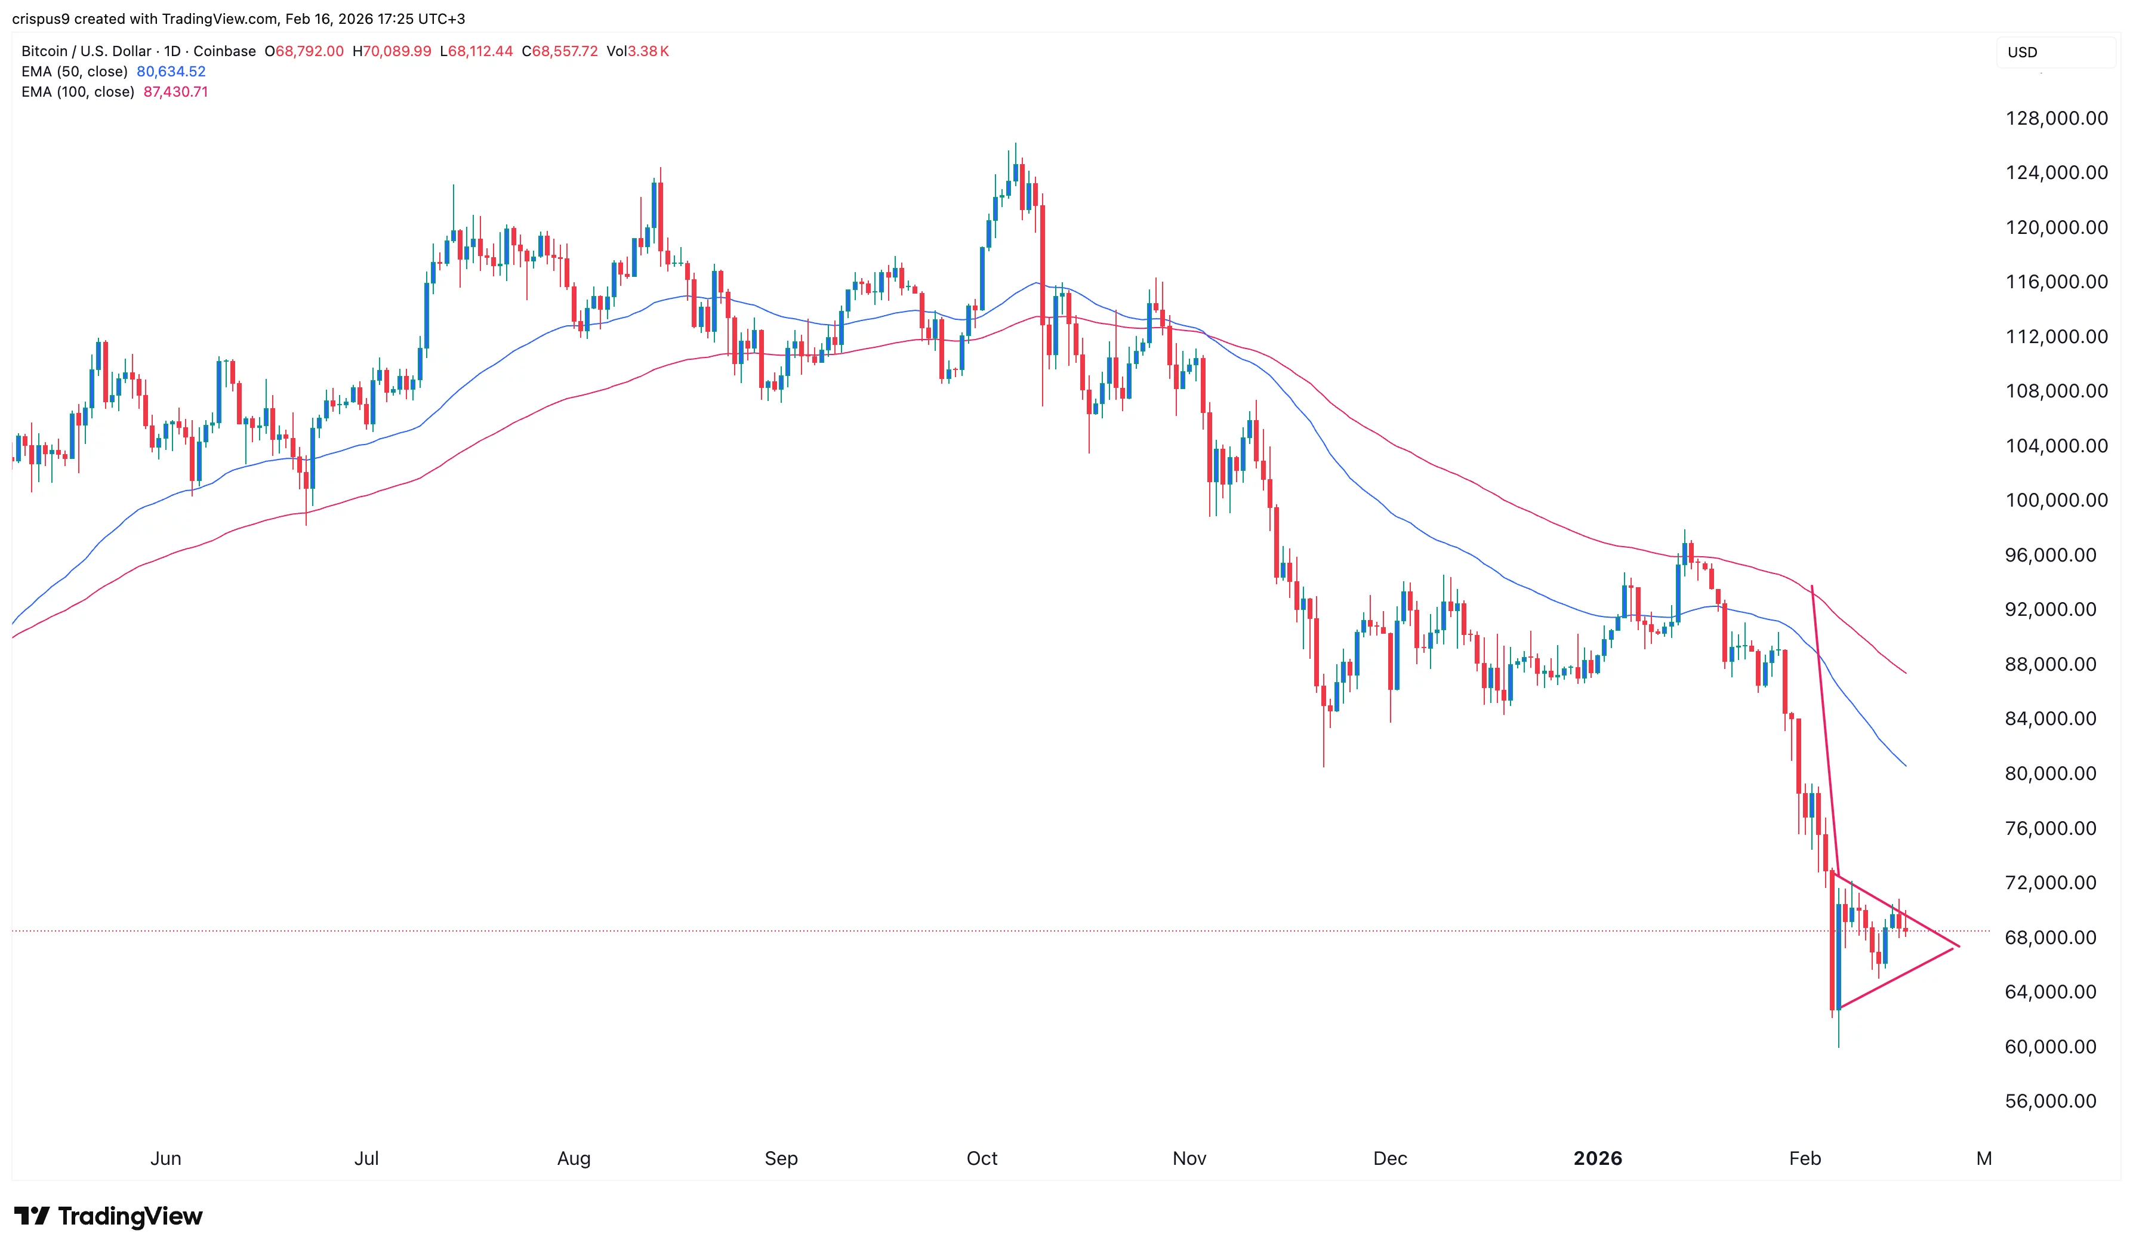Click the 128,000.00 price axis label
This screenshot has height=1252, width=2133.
click(2056, 119)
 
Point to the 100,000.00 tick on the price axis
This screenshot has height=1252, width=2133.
click(2056, 500)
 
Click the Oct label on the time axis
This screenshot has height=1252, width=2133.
click(982, 1158)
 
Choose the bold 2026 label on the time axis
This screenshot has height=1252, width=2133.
click(1597, 1158)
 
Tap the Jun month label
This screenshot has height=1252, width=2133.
click(166, 1158)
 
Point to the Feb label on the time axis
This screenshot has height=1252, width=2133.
click(1805, 1158)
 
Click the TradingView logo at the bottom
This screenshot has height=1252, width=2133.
click(109, 1216)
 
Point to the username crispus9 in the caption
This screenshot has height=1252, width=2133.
click(41, 18)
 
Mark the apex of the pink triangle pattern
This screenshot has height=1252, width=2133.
click(1959, 946)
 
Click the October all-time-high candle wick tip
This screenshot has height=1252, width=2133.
click(1016, 143)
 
